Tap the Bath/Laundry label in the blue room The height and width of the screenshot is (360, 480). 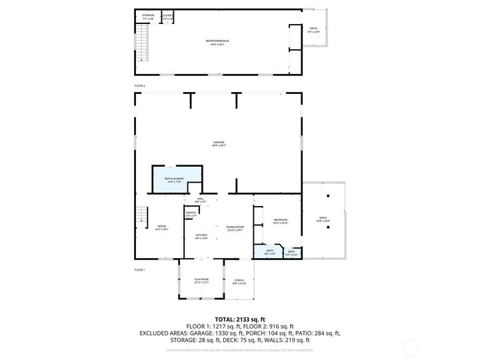[174, 179]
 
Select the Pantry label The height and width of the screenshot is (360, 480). [191, 213]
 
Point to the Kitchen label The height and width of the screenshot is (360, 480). [201, 236]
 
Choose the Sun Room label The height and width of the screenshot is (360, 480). [201, 281]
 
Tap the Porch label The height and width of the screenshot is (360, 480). [239, 281]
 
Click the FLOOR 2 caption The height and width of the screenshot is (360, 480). [139, 86]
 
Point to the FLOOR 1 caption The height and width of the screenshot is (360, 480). [139, 269]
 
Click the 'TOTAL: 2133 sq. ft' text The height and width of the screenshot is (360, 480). [239, 319]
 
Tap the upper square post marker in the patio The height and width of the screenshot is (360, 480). [327, 196]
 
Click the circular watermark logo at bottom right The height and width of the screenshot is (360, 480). [411, 347]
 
